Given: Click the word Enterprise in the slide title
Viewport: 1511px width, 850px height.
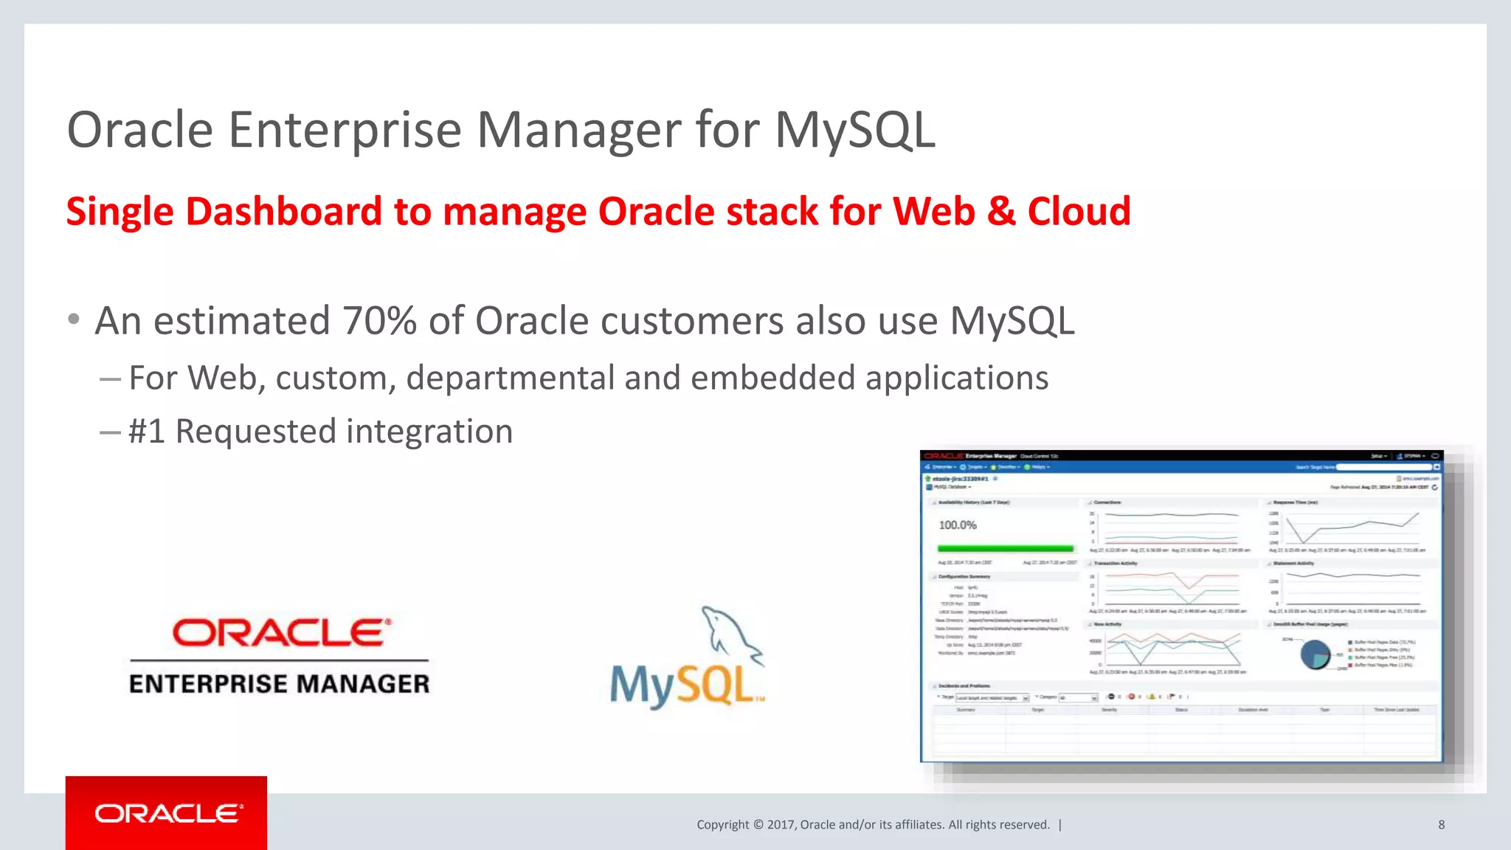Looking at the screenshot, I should point(345,131).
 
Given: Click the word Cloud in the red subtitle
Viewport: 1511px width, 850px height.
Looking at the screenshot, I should point(1079,212).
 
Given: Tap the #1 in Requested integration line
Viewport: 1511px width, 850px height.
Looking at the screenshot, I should point(146,432).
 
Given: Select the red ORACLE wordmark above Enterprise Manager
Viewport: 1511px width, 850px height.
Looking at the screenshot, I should point(280,633).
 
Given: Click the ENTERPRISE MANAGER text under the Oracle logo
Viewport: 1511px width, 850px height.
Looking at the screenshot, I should point(279,684).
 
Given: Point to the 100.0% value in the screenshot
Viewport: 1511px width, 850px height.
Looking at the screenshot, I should point(957,525).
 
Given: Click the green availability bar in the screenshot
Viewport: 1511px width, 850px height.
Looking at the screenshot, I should point(1005,548).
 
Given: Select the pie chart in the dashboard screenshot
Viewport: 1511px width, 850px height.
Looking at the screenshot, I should point(1315,654).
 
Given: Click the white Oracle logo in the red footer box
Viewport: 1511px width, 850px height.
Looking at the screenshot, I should point(167,813).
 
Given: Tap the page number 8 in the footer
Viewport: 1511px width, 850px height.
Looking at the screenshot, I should point(1441,825).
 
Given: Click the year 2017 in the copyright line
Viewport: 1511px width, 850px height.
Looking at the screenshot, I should point(781,825).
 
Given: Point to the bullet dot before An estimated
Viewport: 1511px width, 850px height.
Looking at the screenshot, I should point(73,319).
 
